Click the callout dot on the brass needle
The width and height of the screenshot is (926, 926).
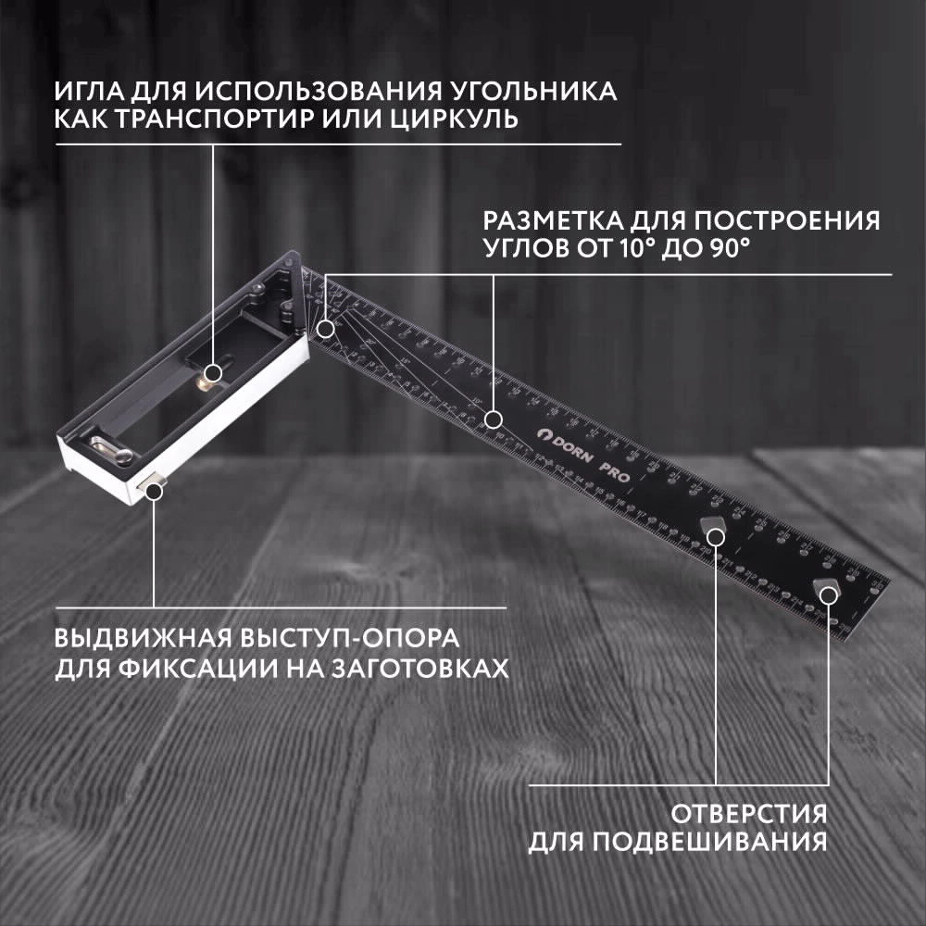(212, 373)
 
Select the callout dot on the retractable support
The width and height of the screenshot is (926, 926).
(154, 489)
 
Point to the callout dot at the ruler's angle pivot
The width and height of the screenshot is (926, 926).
(326, 328)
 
